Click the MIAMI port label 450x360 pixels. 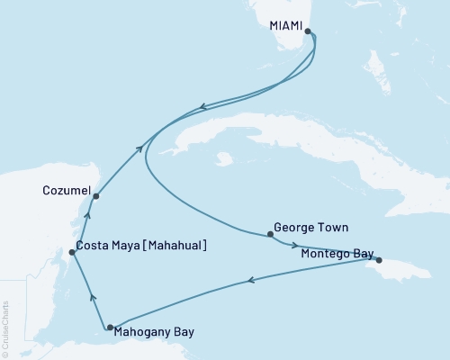(x=286, y=26)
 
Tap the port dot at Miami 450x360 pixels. (x=309, y=31)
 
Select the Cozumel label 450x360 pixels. (x=66, y=191)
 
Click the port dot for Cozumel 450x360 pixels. (x=95, y=195)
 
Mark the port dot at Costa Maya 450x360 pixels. (x=72, y=252)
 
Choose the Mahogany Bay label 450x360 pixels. (x=155, y=332)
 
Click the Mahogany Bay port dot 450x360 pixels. (x=110, y=328)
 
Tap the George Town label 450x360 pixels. (x=310, y=229)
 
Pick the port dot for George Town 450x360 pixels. (x=270, y=235)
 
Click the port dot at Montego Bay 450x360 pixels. (x=379, y=259)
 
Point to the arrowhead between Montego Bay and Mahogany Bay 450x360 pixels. (x=248, y=283)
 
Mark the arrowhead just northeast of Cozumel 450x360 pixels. (x=139, y=148)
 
